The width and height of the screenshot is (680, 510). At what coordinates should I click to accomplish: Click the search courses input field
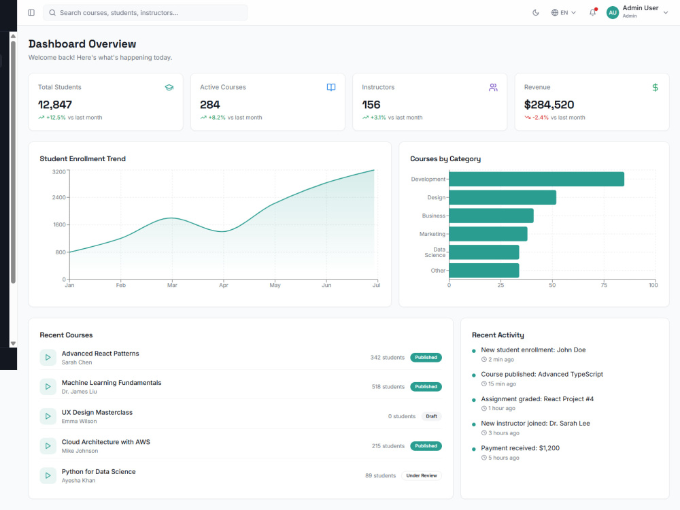(x=146, y=12)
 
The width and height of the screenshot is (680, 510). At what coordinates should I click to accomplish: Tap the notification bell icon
(x=592, y=12)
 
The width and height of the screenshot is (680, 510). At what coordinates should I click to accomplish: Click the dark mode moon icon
(x=536, y=12)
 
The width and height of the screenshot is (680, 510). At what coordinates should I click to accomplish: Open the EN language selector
(x=563, y=12)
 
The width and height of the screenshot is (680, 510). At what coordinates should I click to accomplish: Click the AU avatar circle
(x=613, y=12)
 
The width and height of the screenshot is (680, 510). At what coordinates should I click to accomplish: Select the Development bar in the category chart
(x=537, y=179)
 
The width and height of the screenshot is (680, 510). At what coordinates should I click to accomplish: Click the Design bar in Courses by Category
(x=503, y=197)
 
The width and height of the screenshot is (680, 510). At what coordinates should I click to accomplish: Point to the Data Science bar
(x=484, y=252)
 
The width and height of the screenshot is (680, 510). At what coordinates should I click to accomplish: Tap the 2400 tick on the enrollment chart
(x=59, y=197)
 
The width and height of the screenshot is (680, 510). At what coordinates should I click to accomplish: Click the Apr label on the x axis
(x=223, y=285)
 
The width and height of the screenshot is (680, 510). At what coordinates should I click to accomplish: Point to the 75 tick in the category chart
(x=604, y=285)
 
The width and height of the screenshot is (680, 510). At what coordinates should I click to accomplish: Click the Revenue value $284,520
(x=549, y=105)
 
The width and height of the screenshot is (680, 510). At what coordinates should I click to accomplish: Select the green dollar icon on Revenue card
(x=656, y=87)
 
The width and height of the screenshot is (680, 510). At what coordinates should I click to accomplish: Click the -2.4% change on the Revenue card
(x=541, y=118)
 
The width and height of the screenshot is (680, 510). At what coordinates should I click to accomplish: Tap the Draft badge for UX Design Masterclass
(x=432, y=416)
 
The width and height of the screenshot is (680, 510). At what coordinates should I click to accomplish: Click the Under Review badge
(x=422, y=476)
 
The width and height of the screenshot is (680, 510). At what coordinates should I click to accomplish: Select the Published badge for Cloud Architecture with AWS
(x=426, y=446)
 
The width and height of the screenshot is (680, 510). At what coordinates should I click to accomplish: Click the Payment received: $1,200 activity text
(x=520, y=448)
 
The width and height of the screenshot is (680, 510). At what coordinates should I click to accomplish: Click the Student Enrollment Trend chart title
(x=82, y=158)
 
